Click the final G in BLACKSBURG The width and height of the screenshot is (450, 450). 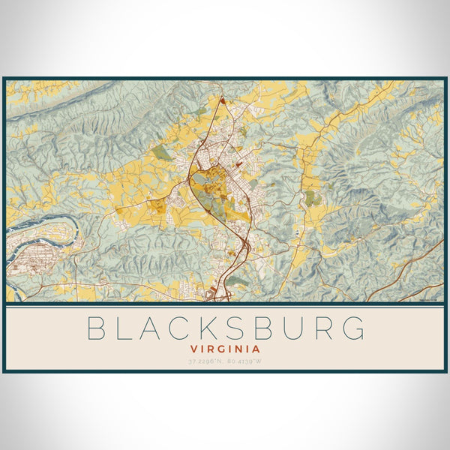pos(356,328)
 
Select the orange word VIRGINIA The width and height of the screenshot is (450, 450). pos(225,349)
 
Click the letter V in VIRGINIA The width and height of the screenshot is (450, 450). pos(193,349)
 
